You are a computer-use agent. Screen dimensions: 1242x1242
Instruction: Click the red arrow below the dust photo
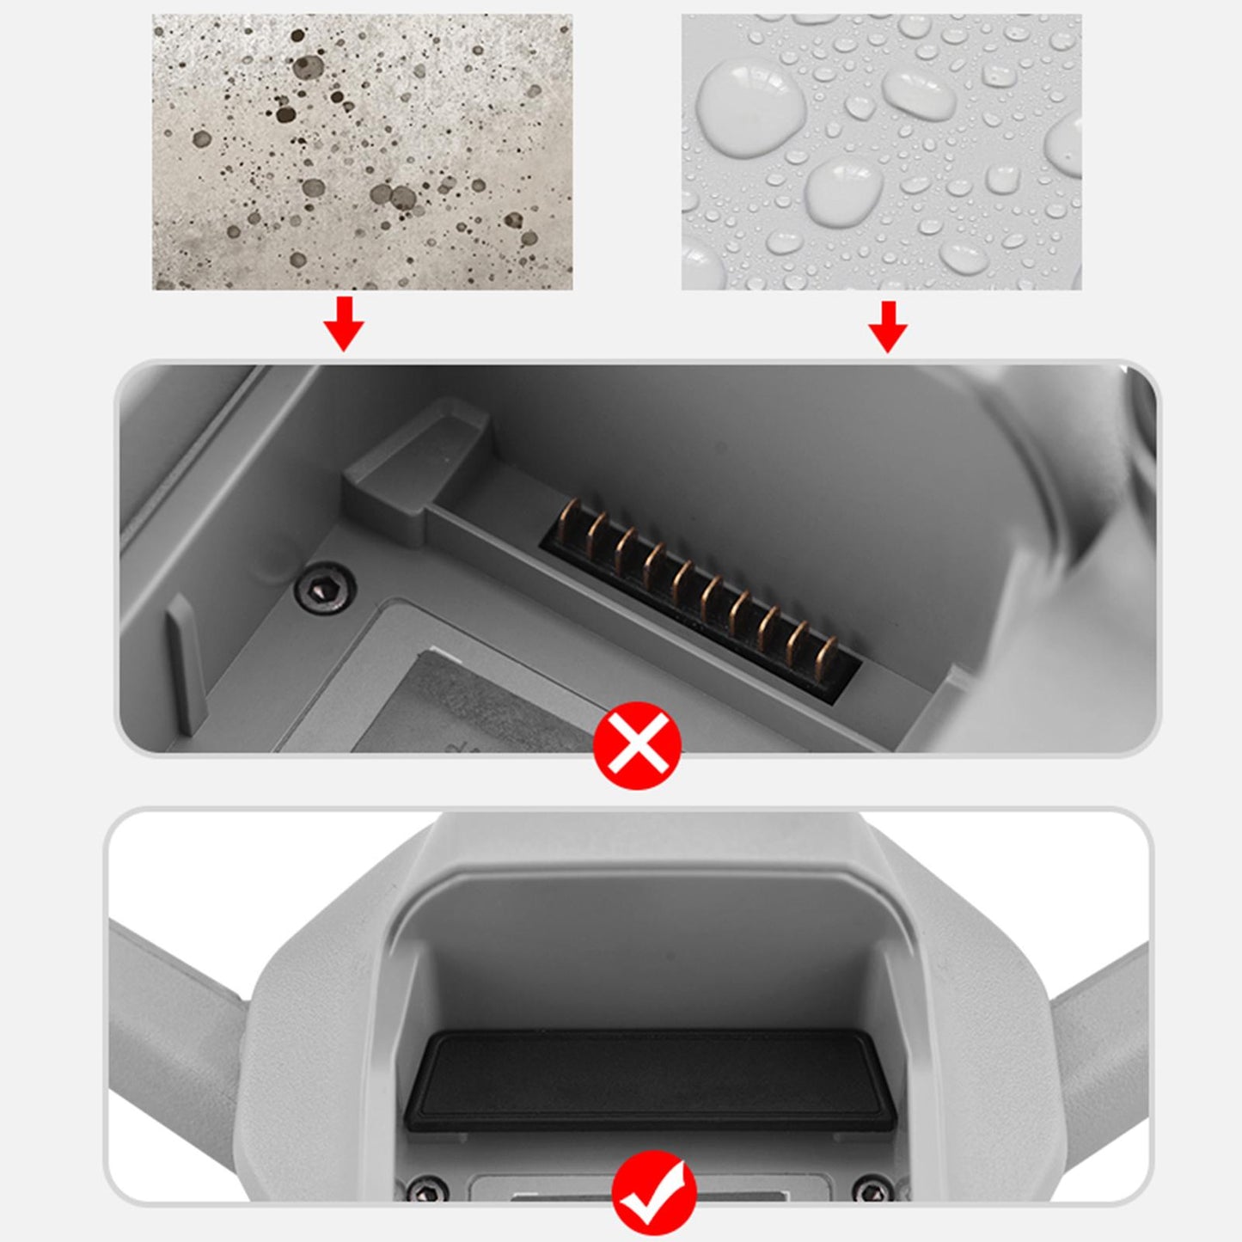coord(344,324)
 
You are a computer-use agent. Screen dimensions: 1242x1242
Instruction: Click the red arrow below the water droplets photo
coord(888,327)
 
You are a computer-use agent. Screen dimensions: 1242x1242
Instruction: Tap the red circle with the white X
coord(638,745)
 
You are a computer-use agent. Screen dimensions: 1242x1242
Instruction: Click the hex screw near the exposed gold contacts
coord(325,588)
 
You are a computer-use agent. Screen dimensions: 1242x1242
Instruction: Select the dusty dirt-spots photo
coord(362,152)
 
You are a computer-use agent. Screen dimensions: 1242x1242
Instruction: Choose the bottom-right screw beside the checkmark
coord(873,1190)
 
